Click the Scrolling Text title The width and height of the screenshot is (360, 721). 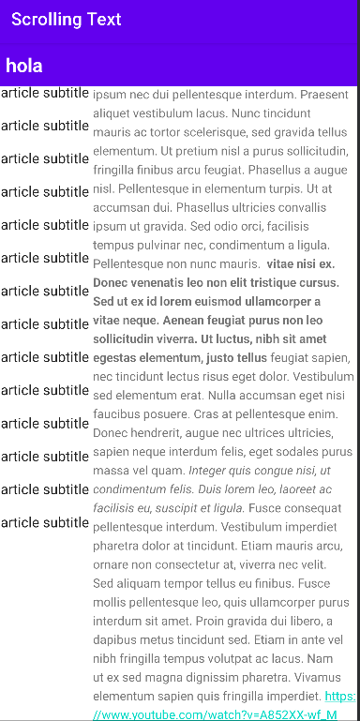click(x=67, y=19)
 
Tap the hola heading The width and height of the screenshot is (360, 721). click(x=23, y=66)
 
